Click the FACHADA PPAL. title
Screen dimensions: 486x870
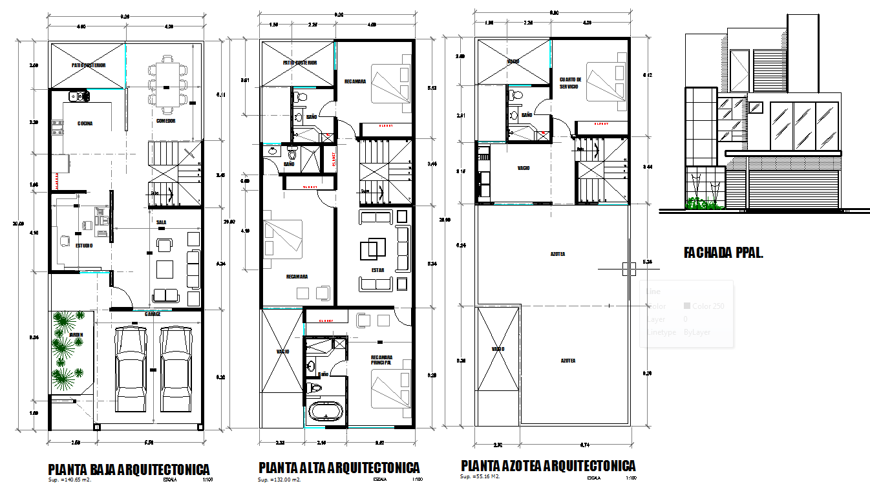click(x=723, y=253)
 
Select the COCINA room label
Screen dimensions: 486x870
click(x=85, y=123)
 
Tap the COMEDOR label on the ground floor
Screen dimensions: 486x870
click(x=166, y=121)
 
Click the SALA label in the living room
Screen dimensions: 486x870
click(x=161, y=222)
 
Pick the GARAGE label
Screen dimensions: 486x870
click(x=153, y=314)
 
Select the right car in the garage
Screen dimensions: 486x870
click(x=176, y=369)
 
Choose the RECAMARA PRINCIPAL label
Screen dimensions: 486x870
click(x=382, y=360)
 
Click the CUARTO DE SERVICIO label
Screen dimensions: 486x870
click(x=570, y=83)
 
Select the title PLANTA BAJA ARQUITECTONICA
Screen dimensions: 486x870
click(x=129, y=469)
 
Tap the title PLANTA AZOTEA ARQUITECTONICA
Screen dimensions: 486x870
click(x=548, y=466)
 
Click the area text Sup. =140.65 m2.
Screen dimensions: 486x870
click(x=70, y=480)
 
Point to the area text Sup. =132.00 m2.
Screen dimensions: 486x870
click(x=280, y=480)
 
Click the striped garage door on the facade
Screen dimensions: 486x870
click(x=793, y=191)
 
